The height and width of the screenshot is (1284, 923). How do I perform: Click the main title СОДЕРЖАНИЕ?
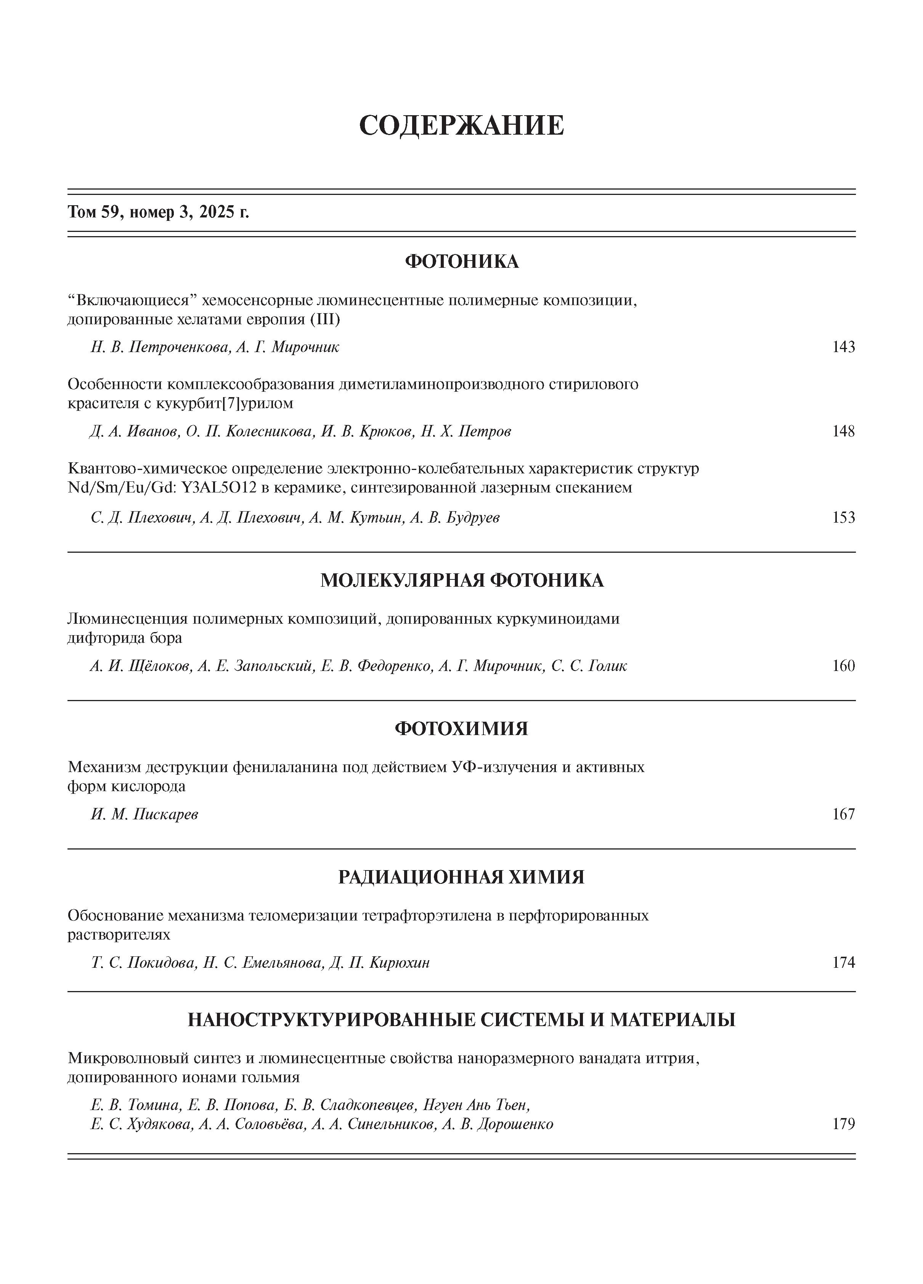click(461, 125)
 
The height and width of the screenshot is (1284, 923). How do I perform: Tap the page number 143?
click(843, 347)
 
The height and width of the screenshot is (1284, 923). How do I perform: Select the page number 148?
click(843, 431)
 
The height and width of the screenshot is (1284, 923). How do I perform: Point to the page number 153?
click(843, 517)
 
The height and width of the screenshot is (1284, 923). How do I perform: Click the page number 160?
click(843, 666)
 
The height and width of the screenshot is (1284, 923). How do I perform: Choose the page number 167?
click(843, 814)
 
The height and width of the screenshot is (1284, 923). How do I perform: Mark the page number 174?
click(843, 962)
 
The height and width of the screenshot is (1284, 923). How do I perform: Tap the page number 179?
click(843, 1124)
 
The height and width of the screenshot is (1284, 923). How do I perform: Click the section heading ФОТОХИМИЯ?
click(461, 729)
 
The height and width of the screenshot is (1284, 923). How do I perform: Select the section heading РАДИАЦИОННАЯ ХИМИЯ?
click(461, 877)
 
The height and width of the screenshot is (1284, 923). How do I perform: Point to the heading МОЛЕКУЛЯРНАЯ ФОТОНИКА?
click(461, 580)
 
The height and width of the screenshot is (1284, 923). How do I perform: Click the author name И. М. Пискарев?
click(144, 814)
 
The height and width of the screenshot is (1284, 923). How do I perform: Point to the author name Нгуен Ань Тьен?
click(477, 1105)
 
